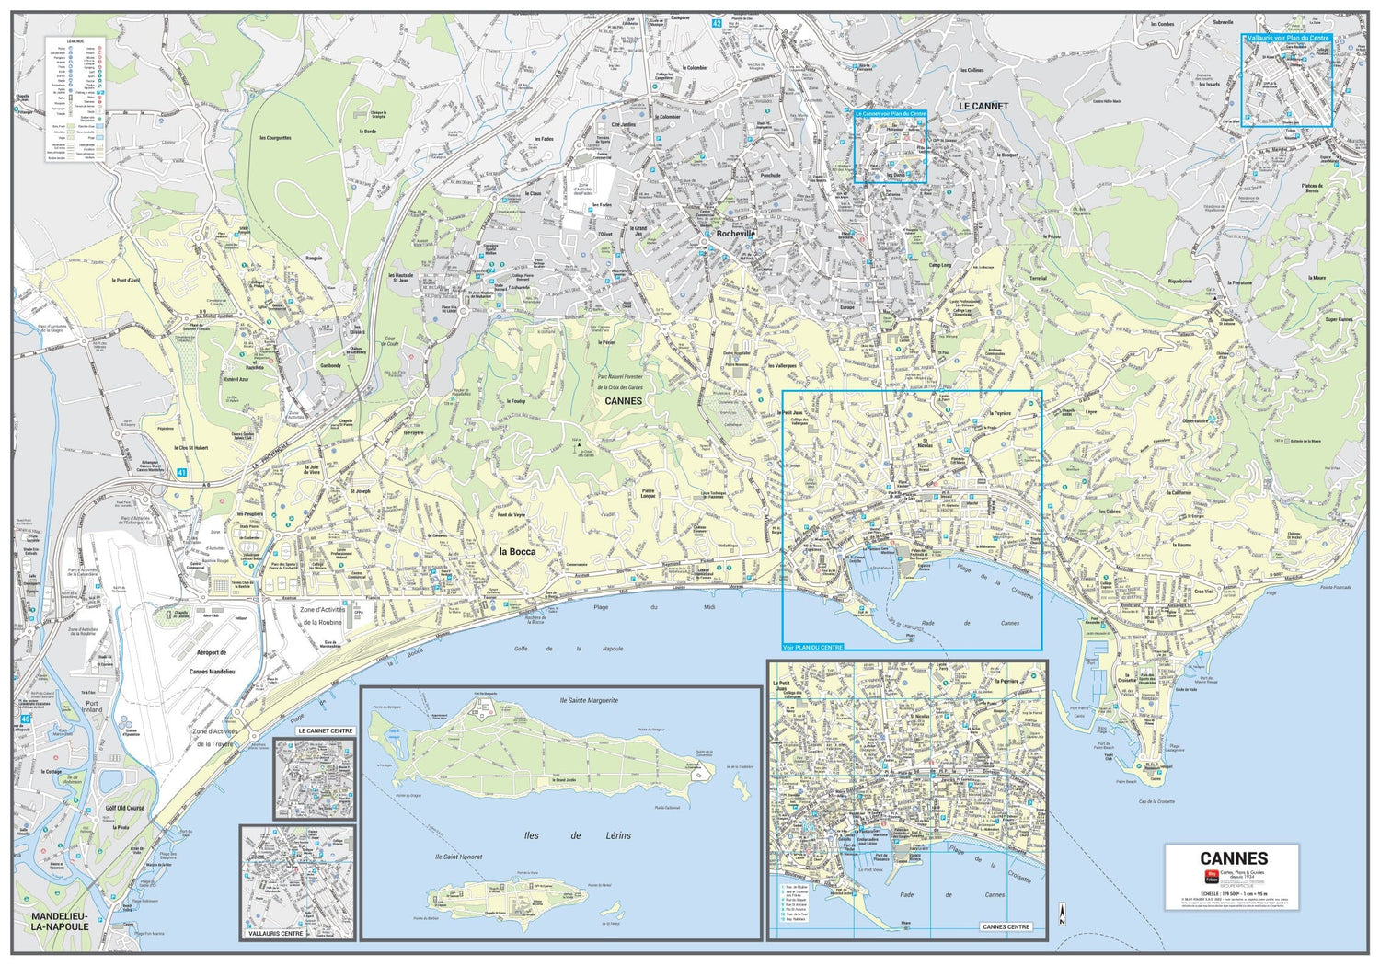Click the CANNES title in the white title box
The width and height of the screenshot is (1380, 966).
pyautogui.click(x=1234, y=858)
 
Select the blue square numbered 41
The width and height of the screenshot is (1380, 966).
pyautogui.click(x=182, y=473)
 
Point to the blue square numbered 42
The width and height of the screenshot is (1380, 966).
pyautogui.click(x=716, y=22)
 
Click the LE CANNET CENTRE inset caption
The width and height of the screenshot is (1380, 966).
pyautogui.click(x=326, y=730)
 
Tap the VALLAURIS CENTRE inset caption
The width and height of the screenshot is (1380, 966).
pyautogui.click(x=275, y=933)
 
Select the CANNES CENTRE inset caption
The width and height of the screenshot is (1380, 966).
pyautogui.click(x=1006, y=926)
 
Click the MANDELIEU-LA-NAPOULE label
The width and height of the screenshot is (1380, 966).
pyautogui.click(x=61, y=921)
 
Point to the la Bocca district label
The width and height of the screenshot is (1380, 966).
pyautogui.click(x=516, y=551)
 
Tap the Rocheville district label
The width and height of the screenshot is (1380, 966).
pyautogui.click(x=735, y=234)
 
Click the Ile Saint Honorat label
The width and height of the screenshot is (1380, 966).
pyautogui.click(x=458, y=857)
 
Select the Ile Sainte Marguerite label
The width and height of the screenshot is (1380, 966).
pyautogui.click(x=589, y=700)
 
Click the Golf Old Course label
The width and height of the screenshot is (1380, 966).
pyautogui.click(x=125, y=808)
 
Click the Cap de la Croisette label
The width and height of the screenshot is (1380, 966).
pyautogui.click(x=1156, y=801)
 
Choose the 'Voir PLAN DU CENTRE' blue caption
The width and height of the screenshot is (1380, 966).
pyautogui.click(x=812, y=648)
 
